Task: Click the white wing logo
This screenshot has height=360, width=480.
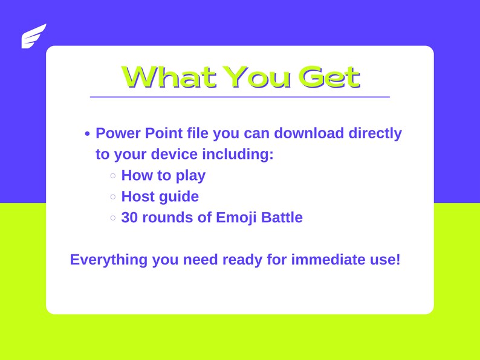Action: pyautogui.click(x=34, y=36)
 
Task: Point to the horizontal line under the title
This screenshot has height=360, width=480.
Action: pyautogui.click(x=239, y=97)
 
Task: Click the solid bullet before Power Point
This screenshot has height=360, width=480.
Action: pyautogui.click(x=88, y=134)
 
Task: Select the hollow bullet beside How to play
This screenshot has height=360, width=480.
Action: pyautogui.click(x=113, y=176)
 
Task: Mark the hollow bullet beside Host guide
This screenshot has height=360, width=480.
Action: pyautogui.click(x=113, y=197)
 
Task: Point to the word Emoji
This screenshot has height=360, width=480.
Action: pyautogui.click(x=236, y=217)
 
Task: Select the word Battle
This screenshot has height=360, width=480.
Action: pyautogui.click(x=282, y=217)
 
